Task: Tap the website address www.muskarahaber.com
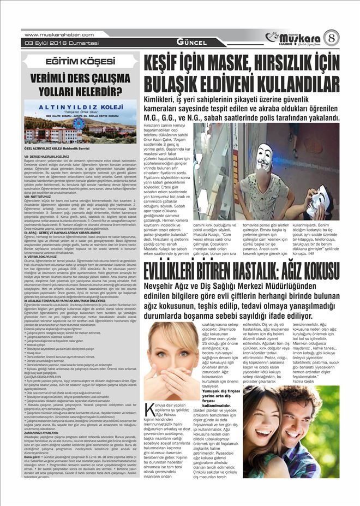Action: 59,34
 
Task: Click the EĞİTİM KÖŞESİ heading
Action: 80,61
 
